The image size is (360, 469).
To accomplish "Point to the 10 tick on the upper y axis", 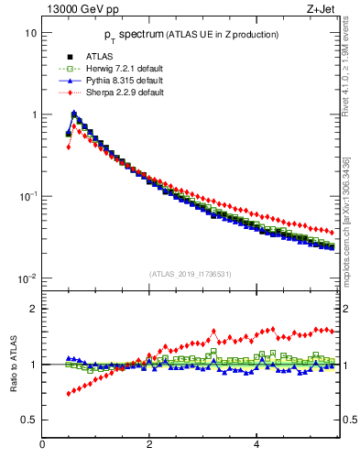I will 30,33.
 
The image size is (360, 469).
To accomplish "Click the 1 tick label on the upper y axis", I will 33,115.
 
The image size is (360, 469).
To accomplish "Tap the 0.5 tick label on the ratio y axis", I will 28,420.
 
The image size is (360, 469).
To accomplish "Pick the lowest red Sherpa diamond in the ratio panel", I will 69,394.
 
